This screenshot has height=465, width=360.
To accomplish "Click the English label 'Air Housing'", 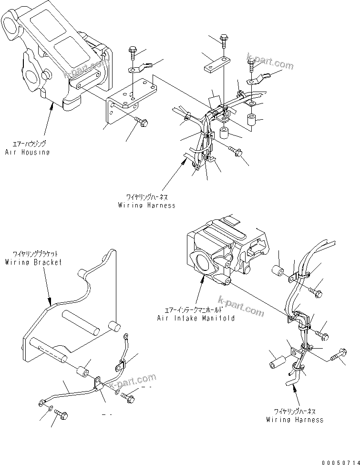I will pos(27,152).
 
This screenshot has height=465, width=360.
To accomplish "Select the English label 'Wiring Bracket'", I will pos(33,262).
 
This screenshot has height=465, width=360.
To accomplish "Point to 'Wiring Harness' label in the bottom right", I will pos(295,420).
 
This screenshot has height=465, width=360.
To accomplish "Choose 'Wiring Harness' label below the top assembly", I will pos(147,205).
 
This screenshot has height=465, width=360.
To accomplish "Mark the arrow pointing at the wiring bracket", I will pos(46,286).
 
